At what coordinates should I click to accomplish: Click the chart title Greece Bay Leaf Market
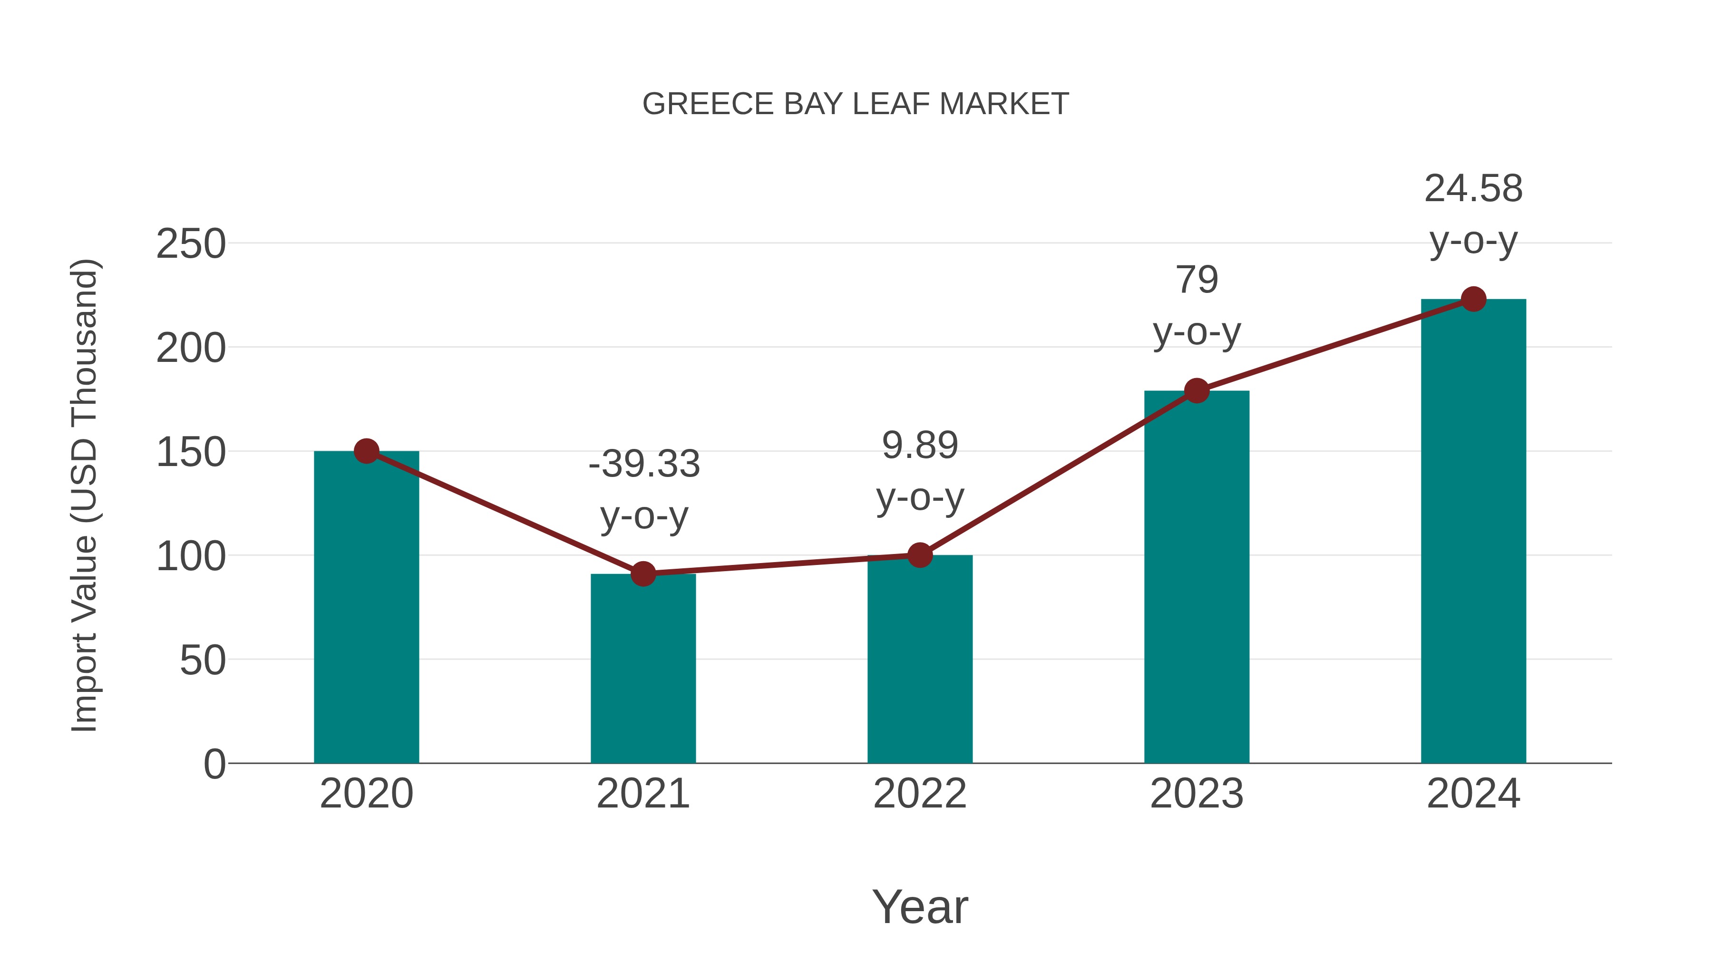856,104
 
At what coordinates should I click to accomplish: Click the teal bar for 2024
1473,532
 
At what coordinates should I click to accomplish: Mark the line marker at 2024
1473,299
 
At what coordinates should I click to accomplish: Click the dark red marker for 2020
366,451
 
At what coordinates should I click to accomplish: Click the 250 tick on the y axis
191,244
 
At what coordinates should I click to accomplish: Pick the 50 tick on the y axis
203,660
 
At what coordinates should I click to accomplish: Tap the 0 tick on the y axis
214,764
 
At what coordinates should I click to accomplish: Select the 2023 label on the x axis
1196,794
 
